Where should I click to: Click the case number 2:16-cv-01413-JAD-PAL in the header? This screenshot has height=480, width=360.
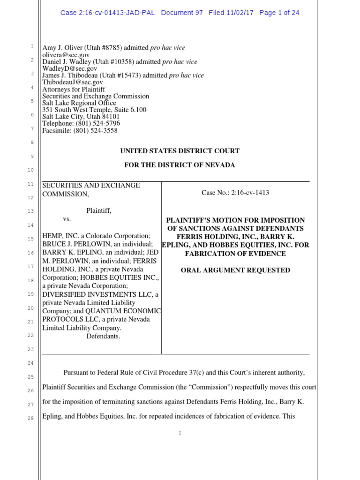(108, 13)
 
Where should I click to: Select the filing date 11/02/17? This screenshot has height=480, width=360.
(239, 13)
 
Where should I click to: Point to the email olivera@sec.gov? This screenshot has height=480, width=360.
(66, 55)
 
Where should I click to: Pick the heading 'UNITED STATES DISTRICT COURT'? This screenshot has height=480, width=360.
(180, 151)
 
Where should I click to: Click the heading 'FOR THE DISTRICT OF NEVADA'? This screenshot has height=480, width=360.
(180, 165)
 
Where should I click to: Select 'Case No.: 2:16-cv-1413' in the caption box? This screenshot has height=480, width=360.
(235, 193)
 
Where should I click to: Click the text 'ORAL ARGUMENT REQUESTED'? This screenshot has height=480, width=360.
(235, 270)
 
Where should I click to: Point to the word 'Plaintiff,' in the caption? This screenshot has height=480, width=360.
(99, 211)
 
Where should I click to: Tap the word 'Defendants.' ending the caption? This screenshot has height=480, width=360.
(103, 336)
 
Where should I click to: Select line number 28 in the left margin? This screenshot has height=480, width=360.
(30, 418)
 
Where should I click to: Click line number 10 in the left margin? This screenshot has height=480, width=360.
(30, 170)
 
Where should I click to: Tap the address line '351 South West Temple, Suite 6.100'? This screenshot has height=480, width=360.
(94, 110)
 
